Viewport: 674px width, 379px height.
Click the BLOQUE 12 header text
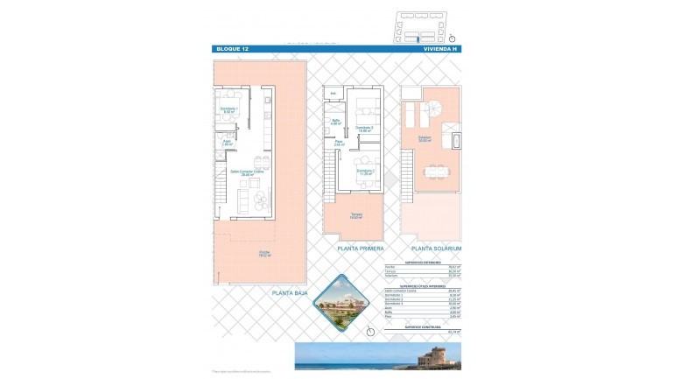tap(232, 49)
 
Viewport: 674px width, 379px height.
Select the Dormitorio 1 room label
tap(229, 109)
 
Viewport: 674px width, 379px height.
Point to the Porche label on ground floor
tap(263, 254)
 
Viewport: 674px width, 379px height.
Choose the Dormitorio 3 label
tap(364, 129)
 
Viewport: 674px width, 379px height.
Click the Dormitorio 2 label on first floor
tap(365, 171)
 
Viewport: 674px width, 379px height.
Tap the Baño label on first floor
tap(335, 122)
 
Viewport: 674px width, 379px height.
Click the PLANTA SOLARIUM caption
tap(436, 249)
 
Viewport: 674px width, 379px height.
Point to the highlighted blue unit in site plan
tap(418, 39)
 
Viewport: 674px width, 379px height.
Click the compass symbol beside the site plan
tap(452, 39)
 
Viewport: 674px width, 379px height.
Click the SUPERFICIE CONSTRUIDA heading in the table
tap(423, 326)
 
